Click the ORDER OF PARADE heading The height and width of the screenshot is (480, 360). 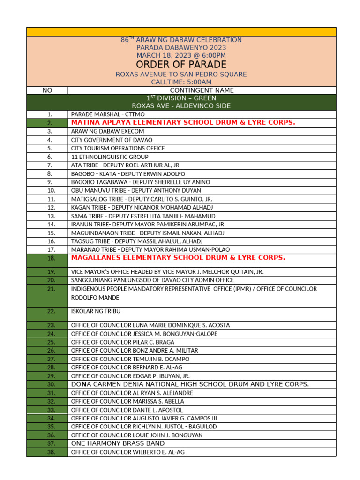(x=181, y=65)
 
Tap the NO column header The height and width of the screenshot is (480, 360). (x=47, y=90)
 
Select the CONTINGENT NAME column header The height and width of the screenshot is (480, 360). (x=202, y=90)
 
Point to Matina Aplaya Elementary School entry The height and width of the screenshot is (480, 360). (x=183, y=122)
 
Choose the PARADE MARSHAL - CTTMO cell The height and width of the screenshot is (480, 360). (x=108, y=114)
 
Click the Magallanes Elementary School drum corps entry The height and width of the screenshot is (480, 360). (x=178, y=258)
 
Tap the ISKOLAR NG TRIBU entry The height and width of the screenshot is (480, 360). (x=93, y=311)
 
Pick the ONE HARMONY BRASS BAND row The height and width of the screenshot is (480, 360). (x=118, y=443)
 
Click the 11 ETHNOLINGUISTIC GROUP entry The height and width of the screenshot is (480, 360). (x=110, y=157)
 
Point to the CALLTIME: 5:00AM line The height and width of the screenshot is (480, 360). (x=181, y=82)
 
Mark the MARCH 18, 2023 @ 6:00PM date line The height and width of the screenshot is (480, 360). (x=181, y=56)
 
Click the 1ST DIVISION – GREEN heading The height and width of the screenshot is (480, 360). (x=181, y=98)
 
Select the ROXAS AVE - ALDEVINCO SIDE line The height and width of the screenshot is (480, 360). (x=181, y=106)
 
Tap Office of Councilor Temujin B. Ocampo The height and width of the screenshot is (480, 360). (x=130, y=359)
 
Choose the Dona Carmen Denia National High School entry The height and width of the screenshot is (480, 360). (x=190, y=384)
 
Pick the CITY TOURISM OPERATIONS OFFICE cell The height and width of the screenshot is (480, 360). (x=118, y=148)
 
